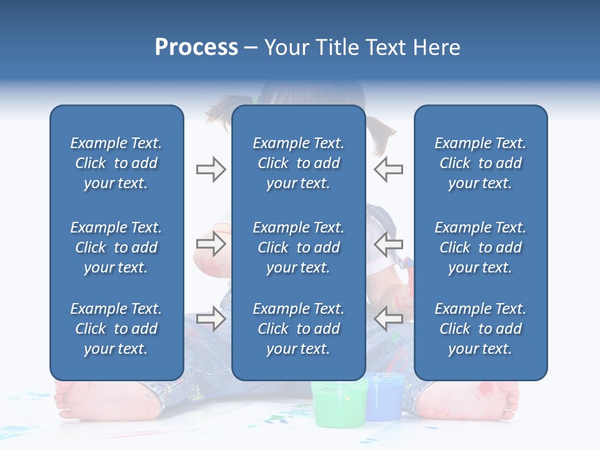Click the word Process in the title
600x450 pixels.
coord(196,47)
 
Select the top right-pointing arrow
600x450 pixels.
coord(211,169)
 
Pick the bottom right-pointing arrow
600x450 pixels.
coord(211,318)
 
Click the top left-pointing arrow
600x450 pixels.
coord(388,169)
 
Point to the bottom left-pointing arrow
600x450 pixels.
coord(388,318)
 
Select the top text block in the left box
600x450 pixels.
coord(116,163)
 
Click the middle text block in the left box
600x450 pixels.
coord(116,247)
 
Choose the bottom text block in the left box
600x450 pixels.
coord(116,329)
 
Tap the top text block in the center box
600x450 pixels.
coord(299,163)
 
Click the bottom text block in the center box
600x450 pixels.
coord(299,329)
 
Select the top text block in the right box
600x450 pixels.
coord(481,163)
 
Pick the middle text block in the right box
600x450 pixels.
coord(481,247)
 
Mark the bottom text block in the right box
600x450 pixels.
coord(481,329)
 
